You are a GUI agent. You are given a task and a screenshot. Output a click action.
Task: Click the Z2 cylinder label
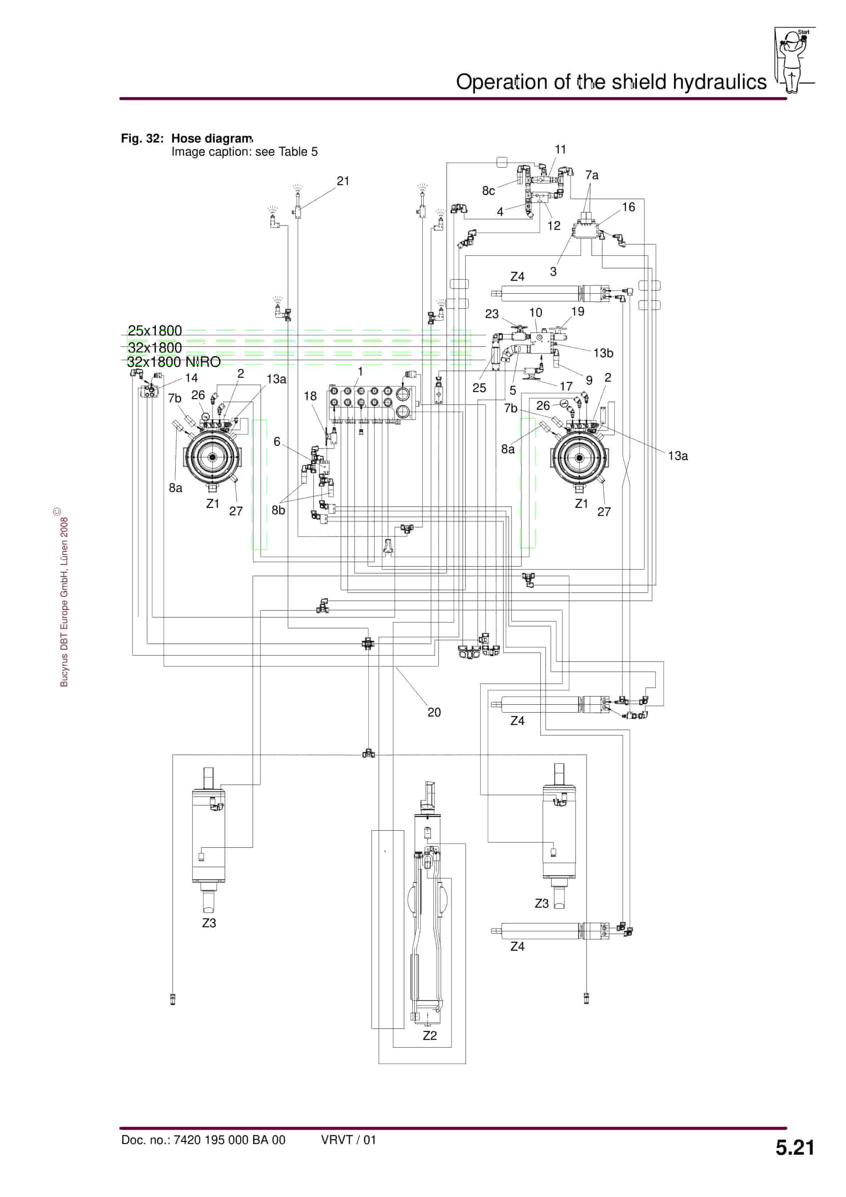(x=429, y=1035)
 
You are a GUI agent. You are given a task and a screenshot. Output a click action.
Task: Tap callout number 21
(x=343, y=181)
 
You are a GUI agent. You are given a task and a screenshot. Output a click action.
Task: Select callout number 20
(x=434, y=712)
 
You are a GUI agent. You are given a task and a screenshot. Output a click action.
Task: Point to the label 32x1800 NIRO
(x=174, y=362)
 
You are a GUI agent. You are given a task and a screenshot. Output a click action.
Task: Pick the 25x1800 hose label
(x=155, y=331)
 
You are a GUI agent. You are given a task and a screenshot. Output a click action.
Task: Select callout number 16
(x=628, y=207)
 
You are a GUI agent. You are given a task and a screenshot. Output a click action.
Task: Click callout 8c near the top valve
(x=488, y=191)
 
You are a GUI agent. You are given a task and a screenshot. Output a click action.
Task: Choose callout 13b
(x=603, y=353)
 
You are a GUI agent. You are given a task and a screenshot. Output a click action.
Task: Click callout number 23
(x=492, y=314)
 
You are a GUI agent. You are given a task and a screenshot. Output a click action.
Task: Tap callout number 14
(x=192, y=378)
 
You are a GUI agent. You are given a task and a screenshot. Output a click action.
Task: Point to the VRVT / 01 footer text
(x=348, y=1140)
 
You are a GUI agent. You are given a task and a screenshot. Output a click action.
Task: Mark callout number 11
(x=560, y=150)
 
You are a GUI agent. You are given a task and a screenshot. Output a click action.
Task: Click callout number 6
(x=277, y=441)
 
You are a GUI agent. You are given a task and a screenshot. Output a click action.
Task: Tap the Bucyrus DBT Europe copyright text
(x=64, y=600)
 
